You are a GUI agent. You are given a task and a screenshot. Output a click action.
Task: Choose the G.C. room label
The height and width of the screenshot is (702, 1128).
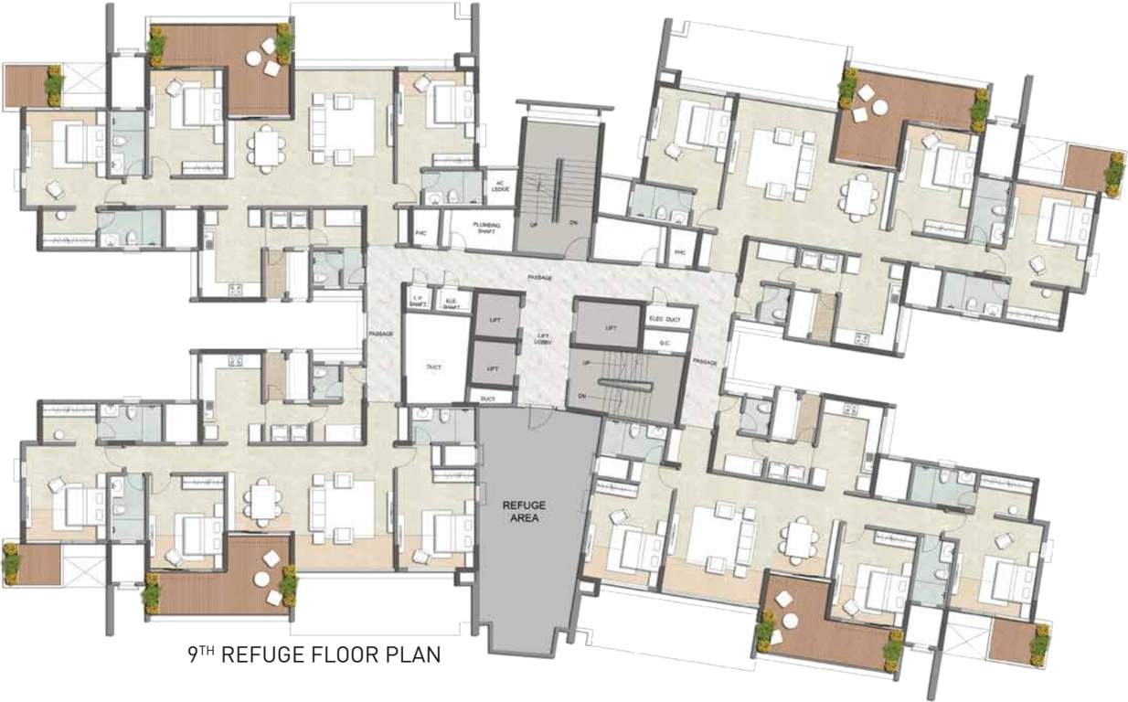click(x=665, y=344)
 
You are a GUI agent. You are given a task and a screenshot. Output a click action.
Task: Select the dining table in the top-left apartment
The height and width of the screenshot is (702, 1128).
click(x=266, y=148)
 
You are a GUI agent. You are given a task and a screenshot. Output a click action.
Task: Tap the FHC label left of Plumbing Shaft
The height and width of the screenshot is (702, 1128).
click(x=421, y=232)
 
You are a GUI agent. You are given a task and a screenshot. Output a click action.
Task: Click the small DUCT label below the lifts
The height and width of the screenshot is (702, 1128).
click(x=488, y=399)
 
